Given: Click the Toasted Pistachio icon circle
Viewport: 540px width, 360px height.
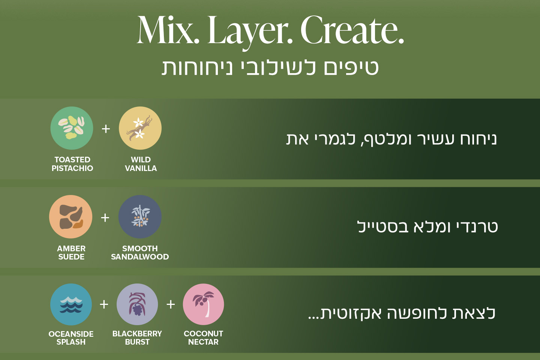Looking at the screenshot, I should pyautogui.click(x=72, y=128).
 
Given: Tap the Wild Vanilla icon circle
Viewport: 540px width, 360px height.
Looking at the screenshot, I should pyautogui.click(x=140, y=128).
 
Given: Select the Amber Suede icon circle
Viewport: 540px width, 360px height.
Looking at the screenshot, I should pyautogui.click(x=70, y=217).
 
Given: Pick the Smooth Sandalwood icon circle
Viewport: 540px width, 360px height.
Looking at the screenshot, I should pyautogui.click(x=140, y=217).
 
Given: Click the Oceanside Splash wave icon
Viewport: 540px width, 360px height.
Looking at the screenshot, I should pyautogui.click(x=71, y=304).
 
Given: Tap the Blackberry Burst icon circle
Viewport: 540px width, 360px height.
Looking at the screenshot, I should pyautogui.click(x=137, y=304).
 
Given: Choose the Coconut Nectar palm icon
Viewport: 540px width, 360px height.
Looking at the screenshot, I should pyautogui.click(x=203, y=304).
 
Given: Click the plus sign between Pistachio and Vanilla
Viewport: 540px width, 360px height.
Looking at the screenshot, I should pyautogui.click(x=106, y=129).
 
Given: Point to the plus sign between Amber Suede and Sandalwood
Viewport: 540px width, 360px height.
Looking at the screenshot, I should pyautogui.click(x=105, y=217).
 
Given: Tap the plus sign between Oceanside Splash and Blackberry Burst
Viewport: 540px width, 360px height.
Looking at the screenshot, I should pyautogui.click(x=104, y=304).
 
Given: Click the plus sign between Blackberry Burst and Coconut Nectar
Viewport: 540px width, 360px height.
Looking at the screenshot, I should pyautogui.click(x=171, y=304).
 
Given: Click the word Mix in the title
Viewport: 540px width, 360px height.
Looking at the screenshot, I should pyautogui.click(x=168, y=31).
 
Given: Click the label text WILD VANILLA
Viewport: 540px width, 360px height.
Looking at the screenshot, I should pyautogui.click(x=141, y=164).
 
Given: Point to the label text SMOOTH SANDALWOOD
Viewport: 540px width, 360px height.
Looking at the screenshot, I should pyautogui.click(x=140, y=252).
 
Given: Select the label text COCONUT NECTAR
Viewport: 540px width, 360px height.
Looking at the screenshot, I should pyautogui.click(x=203, y=337).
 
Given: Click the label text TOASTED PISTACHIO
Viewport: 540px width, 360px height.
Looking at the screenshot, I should pyautogui.click(x=72, y=164).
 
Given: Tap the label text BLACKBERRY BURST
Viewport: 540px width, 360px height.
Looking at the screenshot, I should pyautogui.click(x=137, y=337).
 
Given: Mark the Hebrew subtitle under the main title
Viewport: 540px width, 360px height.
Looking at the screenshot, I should pyautogui.click(x=270, y=68).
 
